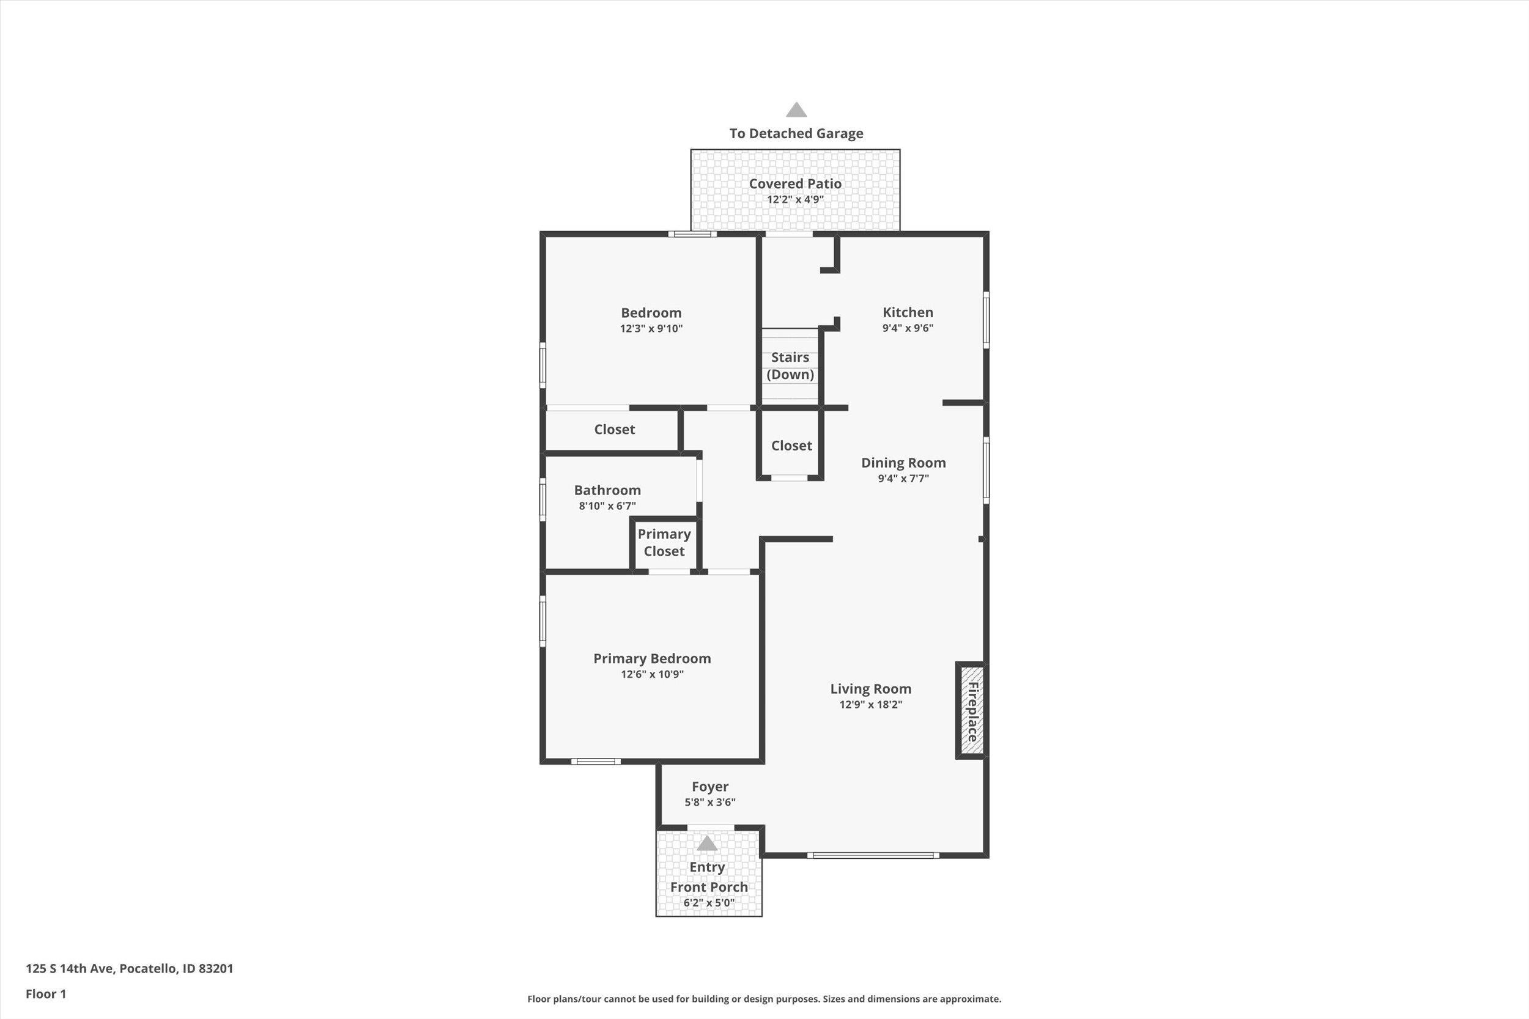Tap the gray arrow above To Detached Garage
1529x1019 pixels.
(x=796, y=110)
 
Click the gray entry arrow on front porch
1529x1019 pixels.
(x=706, y=844)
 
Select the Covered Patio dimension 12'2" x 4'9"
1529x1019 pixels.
(x=795, y=199)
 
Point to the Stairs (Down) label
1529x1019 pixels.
(x=790, y=366)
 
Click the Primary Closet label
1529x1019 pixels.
(x=664, y=543)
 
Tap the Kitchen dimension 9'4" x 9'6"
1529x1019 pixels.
(x=908, y=328)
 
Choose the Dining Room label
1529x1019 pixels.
(x=903, y=463)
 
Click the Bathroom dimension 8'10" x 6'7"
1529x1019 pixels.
(x=607, y=506)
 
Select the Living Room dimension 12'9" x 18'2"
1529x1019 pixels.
(x=870, y=704)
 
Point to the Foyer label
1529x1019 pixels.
(x=710, y=786)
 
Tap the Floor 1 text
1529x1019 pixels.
(x=45, y=994)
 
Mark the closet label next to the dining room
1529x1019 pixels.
(x=791, y=446)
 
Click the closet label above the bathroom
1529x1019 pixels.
(x=614, y=430)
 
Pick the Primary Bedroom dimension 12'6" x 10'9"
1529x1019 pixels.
(x=652, y=674)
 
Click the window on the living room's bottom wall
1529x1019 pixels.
(x=873, y=855)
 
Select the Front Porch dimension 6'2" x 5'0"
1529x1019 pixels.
(x=709, y=903)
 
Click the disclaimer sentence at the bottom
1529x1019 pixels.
(x=764, y=999)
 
